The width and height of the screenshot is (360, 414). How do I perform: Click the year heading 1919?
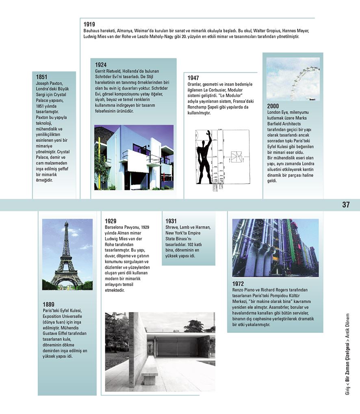pos(89,24)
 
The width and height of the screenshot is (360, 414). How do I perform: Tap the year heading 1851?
pos(41,77)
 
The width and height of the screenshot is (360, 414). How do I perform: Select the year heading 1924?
pos(101,65)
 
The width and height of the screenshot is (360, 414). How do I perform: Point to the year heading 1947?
pos(193,78)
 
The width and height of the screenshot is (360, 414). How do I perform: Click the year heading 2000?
pos(273,106)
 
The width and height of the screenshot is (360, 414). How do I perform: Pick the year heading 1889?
pos(48,304)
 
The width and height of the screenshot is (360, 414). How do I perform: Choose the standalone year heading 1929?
pos(111,221)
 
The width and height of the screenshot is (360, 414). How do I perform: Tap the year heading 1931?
pos(171,221)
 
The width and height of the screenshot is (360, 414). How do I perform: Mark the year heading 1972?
pos(238,284)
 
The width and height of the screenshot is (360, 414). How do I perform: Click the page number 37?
pos(346,205)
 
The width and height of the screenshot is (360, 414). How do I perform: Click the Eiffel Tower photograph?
pos(67,254)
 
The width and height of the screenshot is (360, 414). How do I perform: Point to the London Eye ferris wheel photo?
pos(293,79)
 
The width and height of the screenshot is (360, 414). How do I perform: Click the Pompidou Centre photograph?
pos(275,248)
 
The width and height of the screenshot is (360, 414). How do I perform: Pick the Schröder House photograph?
pos(134,157)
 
